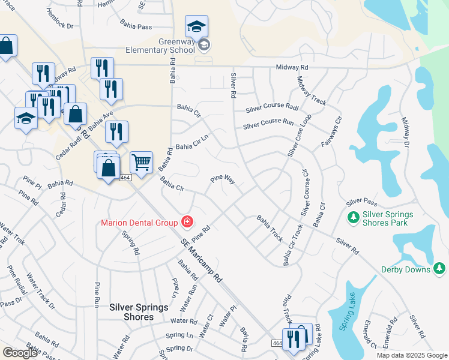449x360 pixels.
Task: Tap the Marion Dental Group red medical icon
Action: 187,223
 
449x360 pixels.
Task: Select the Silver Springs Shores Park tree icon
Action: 353,215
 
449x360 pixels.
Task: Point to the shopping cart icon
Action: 141,162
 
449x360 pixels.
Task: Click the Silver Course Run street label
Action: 268,126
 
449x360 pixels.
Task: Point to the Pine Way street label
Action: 221,179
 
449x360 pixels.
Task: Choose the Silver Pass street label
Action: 361,202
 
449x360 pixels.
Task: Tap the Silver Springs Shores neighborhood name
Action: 139,311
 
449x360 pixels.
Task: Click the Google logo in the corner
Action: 20,353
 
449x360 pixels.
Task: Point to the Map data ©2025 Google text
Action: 411,355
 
